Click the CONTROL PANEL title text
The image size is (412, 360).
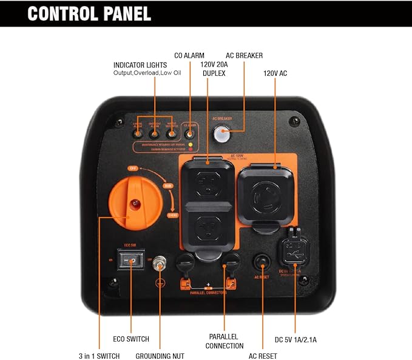click(89, 13)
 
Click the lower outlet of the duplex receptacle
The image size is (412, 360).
click(208, 229)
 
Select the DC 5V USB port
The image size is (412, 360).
click(295, 250)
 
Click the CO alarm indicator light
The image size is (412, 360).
click(191, 133)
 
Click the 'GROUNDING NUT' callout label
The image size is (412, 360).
click(160, 356)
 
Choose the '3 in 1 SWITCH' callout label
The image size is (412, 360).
click(100, 356)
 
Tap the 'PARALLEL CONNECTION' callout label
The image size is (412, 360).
click(225, 341)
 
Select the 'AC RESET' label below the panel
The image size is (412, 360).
click(263, 356)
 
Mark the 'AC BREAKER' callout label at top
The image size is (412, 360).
click(244, 55)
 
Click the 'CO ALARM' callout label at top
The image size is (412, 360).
click(190, 55)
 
